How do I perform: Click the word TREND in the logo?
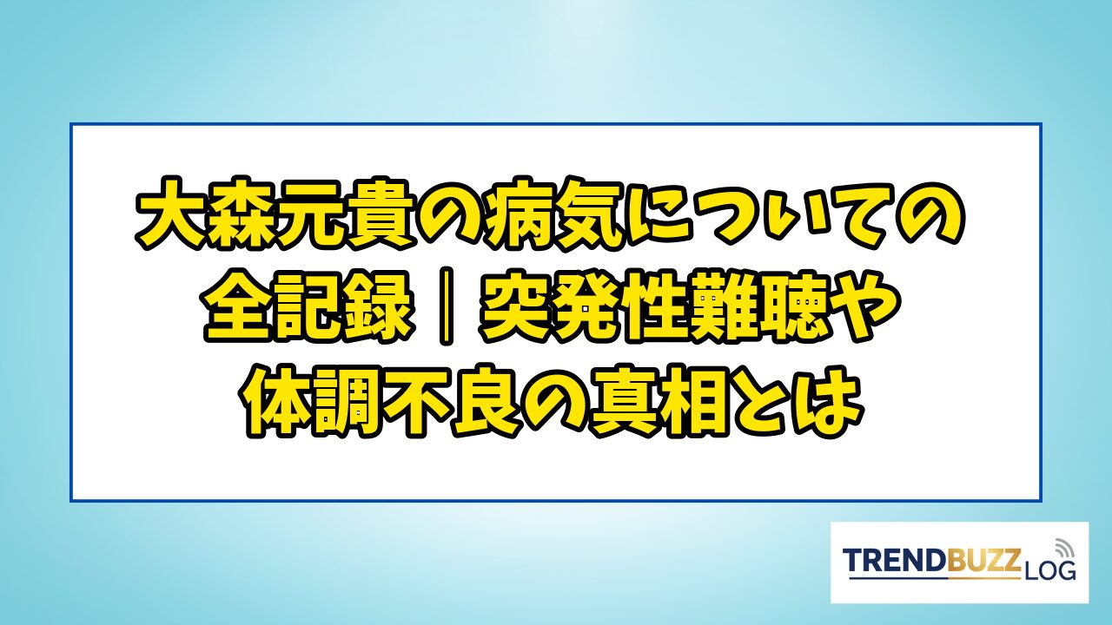pos(893,562)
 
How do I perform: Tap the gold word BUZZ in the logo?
pos(982,562)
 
